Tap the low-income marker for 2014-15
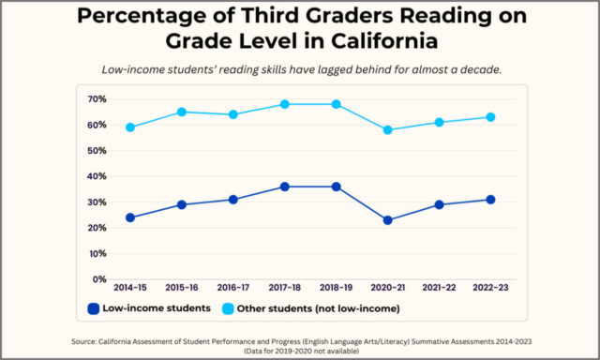129,217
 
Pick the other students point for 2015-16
182,112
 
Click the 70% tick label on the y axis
97,99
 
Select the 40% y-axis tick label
97,176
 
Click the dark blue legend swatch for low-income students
94,308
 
